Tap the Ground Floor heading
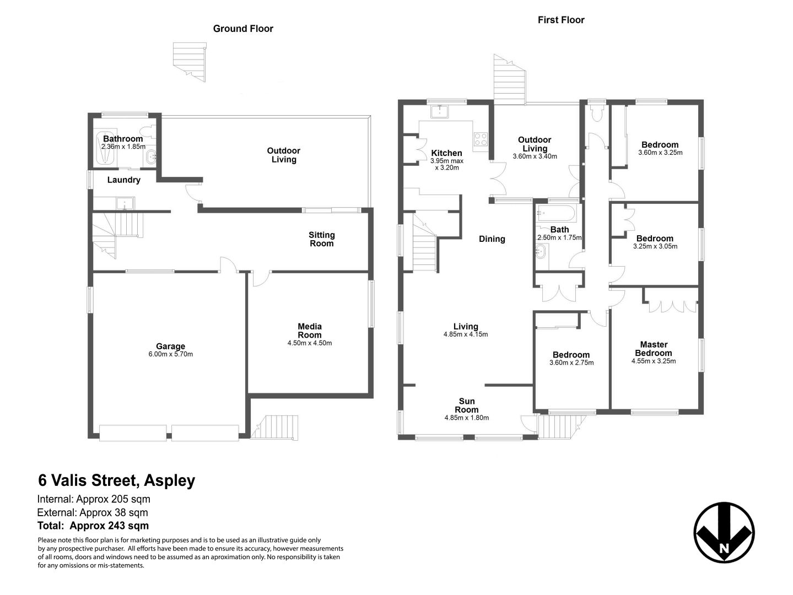(x=243, y=29)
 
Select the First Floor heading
(x=560, y=20)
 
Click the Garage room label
(x=170, y=347)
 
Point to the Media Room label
(x=310, y=331)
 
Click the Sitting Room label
(x=321, y=239)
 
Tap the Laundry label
(x=123, y=180)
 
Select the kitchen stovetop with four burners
(x=481, y=139)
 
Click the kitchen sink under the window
(x=439, y=111)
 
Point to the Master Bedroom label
(x=654, y=349)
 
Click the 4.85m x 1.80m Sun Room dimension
(x=466, y=418)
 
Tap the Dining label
(x=492, y=239)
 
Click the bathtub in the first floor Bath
(x=557, y=213)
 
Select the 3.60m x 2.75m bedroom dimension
(x=571, y=363)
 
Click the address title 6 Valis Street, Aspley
(x=117, y=480)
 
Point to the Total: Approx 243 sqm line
(x=93, y=526)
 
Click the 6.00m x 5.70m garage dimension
(x=170, y=355)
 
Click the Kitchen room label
(x=446, y=153)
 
